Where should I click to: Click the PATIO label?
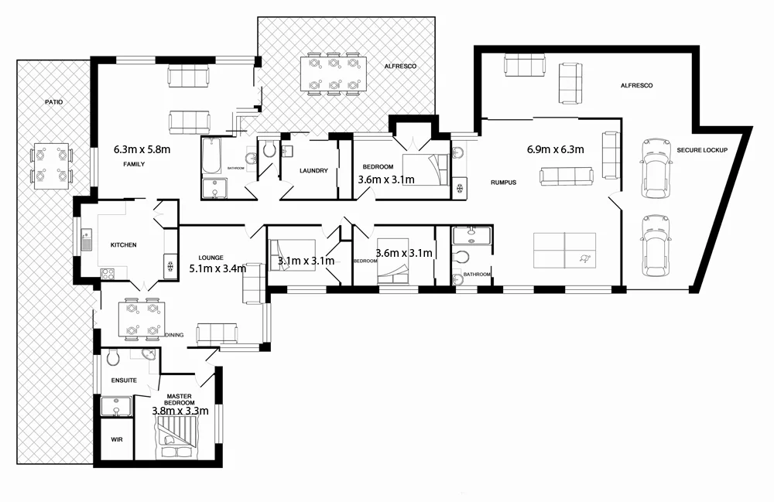pyautogui.click(x=53, y=101)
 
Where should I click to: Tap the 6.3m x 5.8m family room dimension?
pyautogui.click(x=142, y=150)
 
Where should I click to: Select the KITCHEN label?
pyautogui.click(x=123, y=245)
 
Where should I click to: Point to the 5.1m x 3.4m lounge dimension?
pyautogui.click(x=217, y=269)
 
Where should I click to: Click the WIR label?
pyautogui.click(x=117, y=439)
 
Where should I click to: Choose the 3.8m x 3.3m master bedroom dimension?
pyautogui.click(x=180, y=412)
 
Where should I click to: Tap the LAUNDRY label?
pyautogui.click(x=313, y=171)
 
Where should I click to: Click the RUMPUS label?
pyautogui.click(x=503, y=183)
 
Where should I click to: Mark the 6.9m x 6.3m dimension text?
pyautogui.click(x=555, y=150)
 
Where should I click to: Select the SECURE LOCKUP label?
pyautogui.click(x=701, y=149)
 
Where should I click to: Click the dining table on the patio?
pyautogui.click(x=52, y=165)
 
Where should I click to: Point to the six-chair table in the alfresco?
pyautogui.click(x=334, y=73)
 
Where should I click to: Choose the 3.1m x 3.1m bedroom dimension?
pyautogui.click(x=306, y=261)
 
